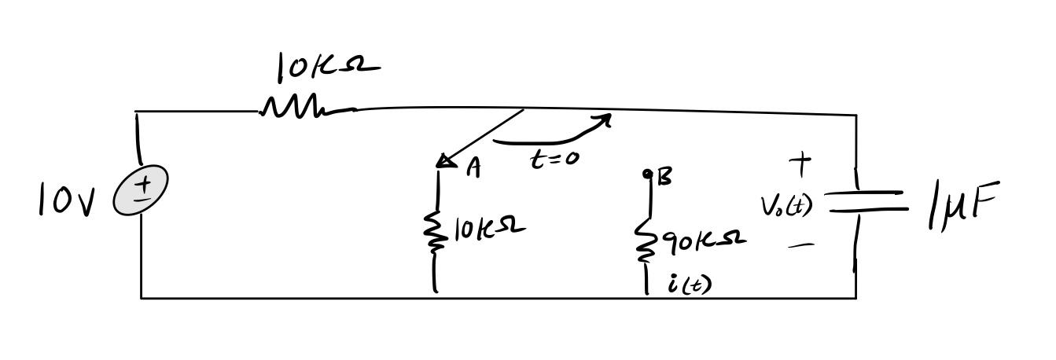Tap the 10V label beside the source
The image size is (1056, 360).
(x=66, y=200)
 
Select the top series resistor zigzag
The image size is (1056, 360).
(x=299, y=107)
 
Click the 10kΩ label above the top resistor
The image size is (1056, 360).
(x=326, y=67)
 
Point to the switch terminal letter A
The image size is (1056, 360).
(x=473, y=167)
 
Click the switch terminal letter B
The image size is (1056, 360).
(x=664, y=178)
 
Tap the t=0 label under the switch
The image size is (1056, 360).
(x=555, y=159)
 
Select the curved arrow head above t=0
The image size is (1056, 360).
(x=604, y=119)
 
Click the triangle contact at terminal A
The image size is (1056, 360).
(x=446, y=161)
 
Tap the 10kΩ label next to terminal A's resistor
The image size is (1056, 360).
(x=489, y=228)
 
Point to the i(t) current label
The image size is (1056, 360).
(x=690, y=284)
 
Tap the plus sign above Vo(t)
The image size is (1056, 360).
(x=800, y=163)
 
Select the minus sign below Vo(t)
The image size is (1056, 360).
(x=800, y=245)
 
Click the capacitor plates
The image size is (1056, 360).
(x=863, y=200)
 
